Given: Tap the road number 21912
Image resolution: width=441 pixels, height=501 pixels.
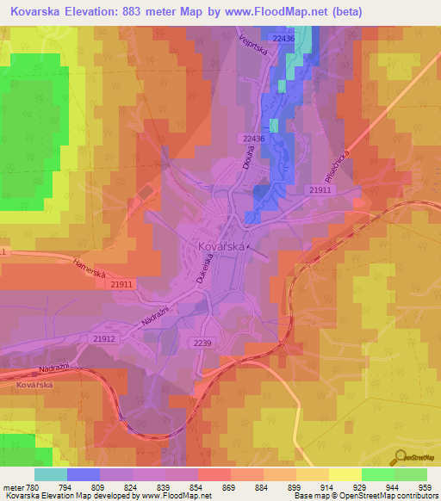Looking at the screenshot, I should pos(104,339).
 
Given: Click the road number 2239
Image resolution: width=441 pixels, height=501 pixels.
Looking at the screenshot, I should pos(201,342).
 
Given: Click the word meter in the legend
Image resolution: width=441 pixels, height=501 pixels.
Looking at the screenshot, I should pos(12,486).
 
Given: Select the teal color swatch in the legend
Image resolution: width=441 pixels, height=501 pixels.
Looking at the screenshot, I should pos(50,474).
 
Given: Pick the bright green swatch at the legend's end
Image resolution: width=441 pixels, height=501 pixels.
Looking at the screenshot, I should pos(411,474).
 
